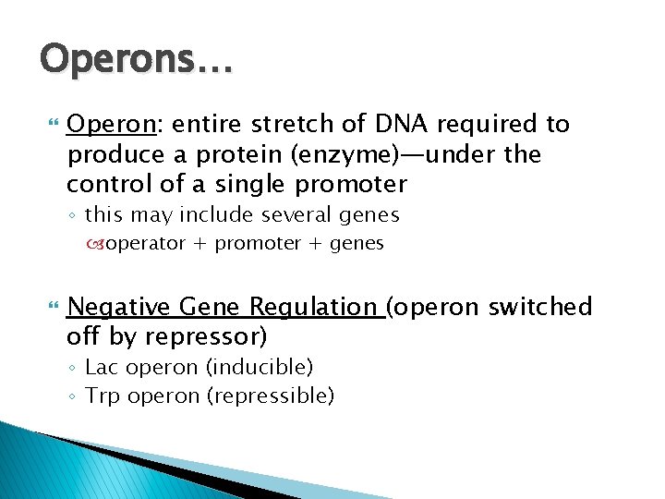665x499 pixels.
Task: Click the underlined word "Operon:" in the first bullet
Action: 111,124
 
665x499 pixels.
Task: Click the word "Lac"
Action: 102,368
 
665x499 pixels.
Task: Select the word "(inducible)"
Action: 260,368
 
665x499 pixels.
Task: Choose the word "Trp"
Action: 103,396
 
